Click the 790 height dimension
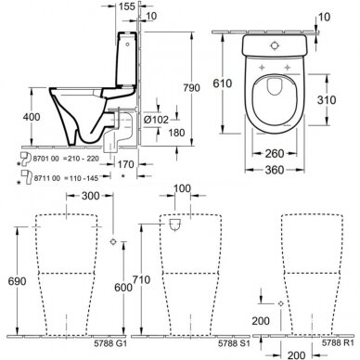192,88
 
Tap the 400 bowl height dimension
32,117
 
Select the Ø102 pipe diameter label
156,120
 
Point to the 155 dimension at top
127,6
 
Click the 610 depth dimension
222,84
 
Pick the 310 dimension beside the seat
327,100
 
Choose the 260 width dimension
275,153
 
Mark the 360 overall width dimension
275,170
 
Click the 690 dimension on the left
17,281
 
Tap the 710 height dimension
142,279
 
